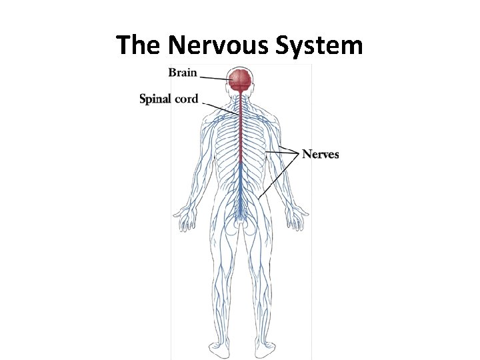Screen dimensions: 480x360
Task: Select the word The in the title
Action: click(x=139, y=45)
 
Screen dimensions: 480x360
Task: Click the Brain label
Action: click(x=182, y=73)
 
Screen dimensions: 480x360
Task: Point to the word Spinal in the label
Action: click(x=155, y=99)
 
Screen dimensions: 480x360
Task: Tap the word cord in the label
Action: click(x=187, y=99)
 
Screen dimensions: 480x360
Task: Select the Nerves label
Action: click(x=320, y=155)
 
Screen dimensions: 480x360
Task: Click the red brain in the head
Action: click(x=240, y=81)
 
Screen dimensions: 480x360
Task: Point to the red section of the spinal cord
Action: click(x=240, y=133)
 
